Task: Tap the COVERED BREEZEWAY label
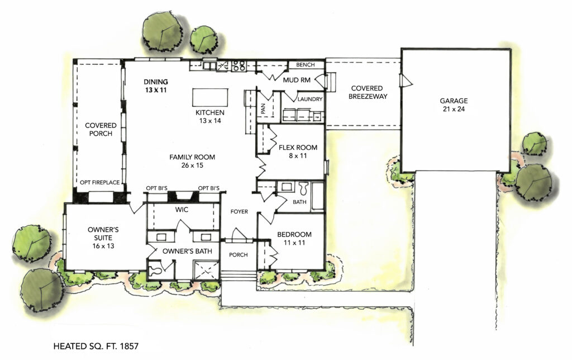point(366,92)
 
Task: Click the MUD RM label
point(296,80)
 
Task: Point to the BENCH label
point(306,65)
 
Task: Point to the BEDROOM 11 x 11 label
point(293,239)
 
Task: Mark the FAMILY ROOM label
point(192,161)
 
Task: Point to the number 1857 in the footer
point(126,347)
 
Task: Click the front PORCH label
point(238,255)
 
